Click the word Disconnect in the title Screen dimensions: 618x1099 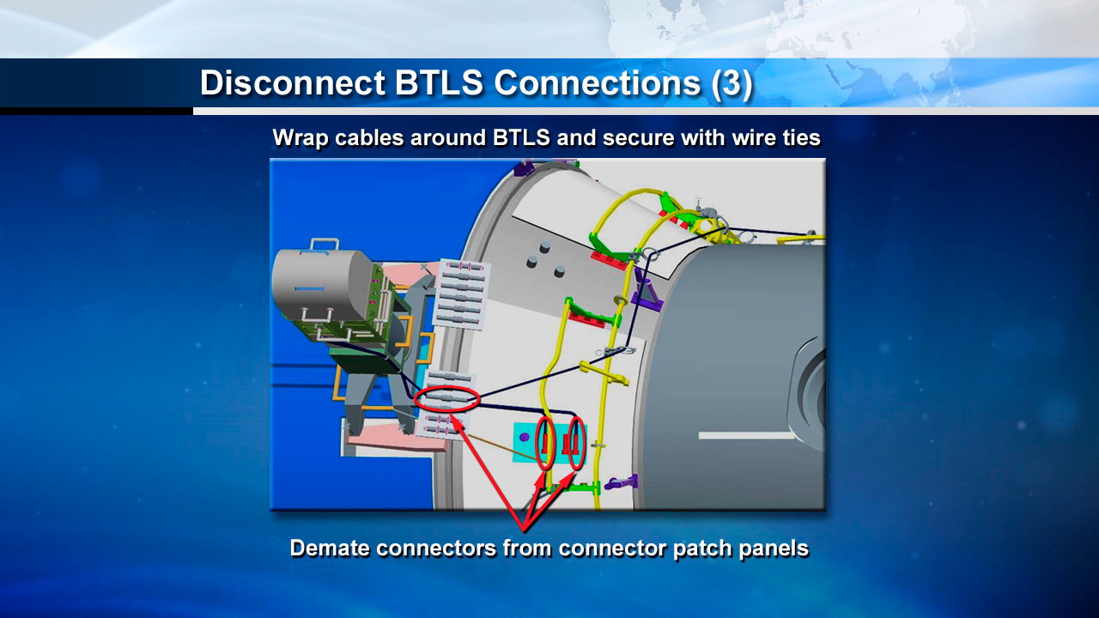292,83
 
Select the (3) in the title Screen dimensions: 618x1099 732,83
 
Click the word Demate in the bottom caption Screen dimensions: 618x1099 336,548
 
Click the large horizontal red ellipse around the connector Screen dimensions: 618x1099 446,400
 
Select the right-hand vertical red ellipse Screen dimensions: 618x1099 577,442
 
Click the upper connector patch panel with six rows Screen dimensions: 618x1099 462,294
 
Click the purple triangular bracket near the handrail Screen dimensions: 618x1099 645,298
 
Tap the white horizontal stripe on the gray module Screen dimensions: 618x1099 747,435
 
